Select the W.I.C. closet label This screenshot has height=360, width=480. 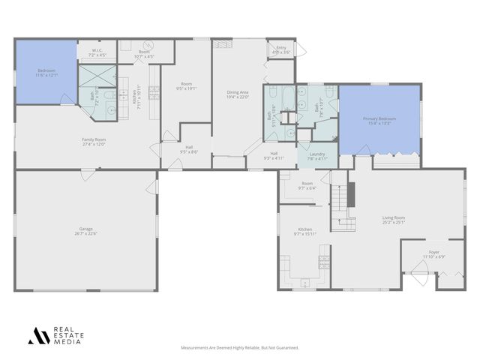pyautogui.click(x=97, y=52)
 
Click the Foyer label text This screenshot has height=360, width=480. pyautogui.click(x=433, y=252)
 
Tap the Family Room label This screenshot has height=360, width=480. pyautogui.click(x=94, y=139)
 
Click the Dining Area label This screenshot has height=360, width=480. pyautogui.click(x=238, y=92)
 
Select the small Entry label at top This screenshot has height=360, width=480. pyautogui.click(x=280, y=47)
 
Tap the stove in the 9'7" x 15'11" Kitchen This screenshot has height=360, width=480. pyautogui.click(x=323, y=262)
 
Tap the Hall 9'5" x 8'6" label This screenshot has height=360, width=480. pyautogui.click(x=188, y=149)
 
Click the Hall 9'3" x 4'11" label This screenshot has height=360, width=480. pyautogui.click(x=274, y=156)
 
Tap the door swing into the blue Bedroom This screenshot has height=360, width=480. pyautogui.click(x=67, y=99)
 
